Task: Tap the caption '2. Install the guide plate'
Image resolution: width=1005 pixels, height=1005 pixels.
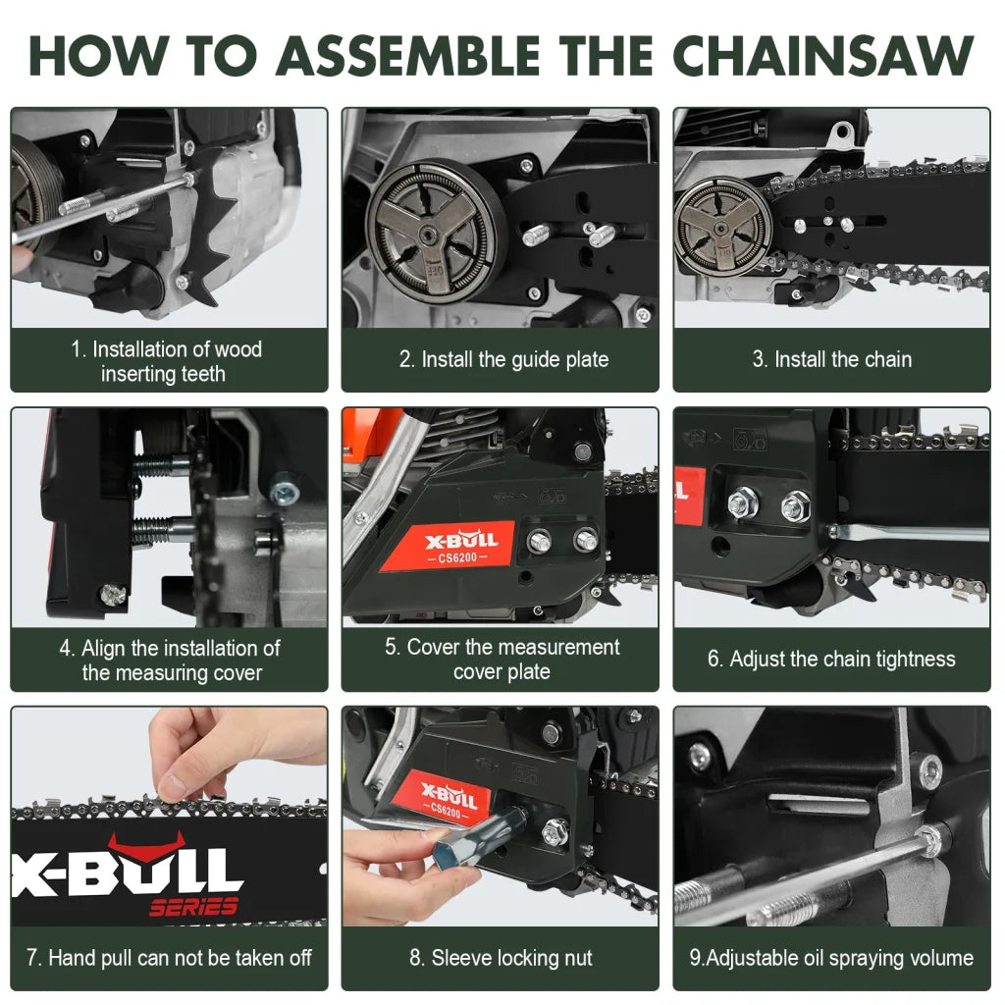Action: pos(503,359)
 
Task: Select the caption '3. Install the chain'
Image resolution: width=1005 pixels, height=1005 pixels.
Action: pos(831,359)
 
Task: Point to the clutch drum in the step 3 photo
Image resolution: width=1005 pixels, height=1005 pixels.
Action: pos(722,227)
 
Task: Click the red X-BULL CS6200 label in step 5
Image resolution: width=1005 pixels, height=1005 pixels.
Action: pos(447,546)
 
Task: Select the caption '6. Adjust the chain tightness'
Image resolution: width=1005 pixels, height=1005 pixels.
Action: pos(831,659)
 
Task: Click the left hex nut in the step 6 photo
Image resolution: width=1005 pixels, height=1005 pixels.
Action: pos(743,504)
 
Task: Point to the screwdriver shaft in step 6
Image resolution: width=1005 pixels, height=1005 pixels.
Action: pos(913,534)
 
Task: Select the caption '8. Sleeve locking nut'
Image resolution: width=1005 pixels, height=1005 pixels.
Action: pos(501,958)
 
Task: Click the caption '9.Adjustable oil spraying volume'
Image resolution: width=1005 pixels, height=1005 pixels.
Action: pos(830,958)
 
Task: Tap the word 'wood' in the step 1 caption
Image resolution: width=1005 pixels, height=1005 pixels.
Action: pos(238,349)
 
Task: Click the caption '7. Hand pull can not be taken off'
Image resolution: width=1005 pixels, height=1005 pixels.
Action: pos(169,958)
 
